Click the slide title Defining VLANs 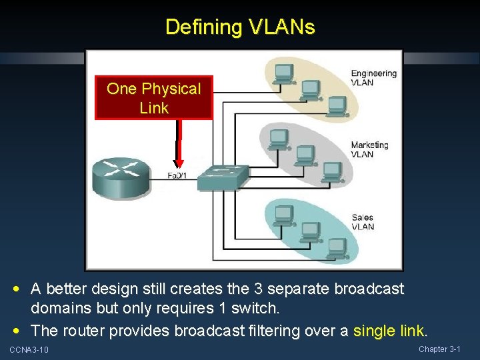(240, 27)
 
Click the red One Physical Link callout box (153, 98)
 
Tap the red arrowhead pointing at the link (179, 163)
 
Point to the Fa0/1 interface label (177, 177)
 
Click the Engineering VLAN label (373, 78)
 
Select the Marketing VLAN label (369, 149)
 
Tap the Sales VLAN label (363, 222)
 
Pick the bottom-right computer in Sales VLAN (337, 249)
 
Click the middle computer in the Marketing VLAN (305, 155)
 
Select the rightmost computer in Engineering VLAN (337, 105)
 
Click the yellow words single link (389, 331)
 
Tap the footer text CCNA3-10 (29, 350)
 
